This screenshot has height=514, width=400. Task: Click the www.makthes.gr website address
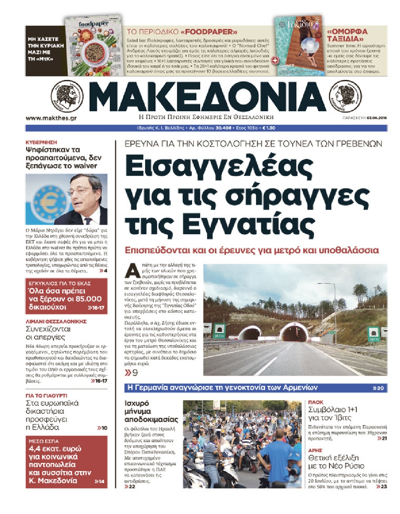coord(51,118)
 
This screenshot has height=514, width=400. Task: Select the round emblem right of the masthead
coord(345,96)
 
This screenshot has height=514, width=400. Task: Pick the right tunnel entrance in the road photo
coord(294,333)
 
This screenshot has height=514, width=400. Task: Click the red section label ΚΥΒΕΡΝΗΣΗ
coord(41,142)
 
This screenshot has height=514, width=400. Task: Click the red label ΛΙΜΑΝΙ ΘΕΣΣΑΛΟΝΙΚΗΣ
coord(56,321)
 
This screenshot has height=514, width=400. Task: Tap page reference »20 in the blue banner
coord(378,388)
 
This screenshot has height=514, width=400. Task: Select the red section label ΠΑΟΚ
coord(316,402)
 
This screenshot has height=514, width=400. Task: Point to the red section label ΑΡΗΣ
coord(315,450)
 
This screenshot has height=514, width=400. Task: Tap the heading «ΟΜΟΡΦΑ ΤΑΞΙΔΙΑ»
coord(347,35)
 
